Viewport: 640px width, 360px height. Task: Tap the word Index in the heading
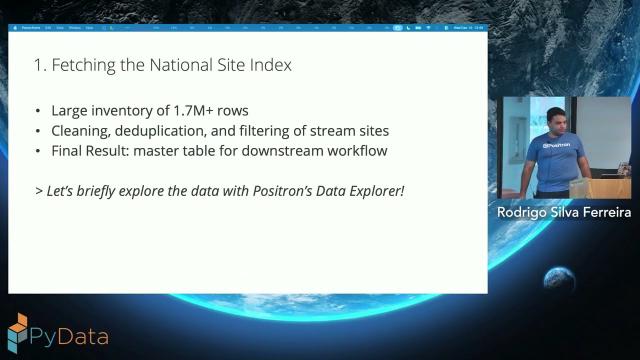click(x=268, y=66)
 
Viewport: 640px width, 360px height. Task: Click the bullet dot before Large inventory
click(x=38, y=111)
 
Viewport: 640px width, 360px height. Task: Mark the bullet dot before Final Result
click(x=38, y=151)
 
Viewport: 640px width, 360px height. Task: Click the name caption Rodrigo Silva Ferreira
click(x=564, y=212)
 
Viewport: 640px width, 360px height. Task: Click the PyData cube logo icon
click(x=18, y=334)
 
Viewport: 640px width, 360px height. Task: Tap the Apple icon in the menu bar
click(x=17, y=28)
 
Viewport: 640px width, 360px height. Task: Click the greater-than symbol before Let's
click(x=38, y=189)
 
